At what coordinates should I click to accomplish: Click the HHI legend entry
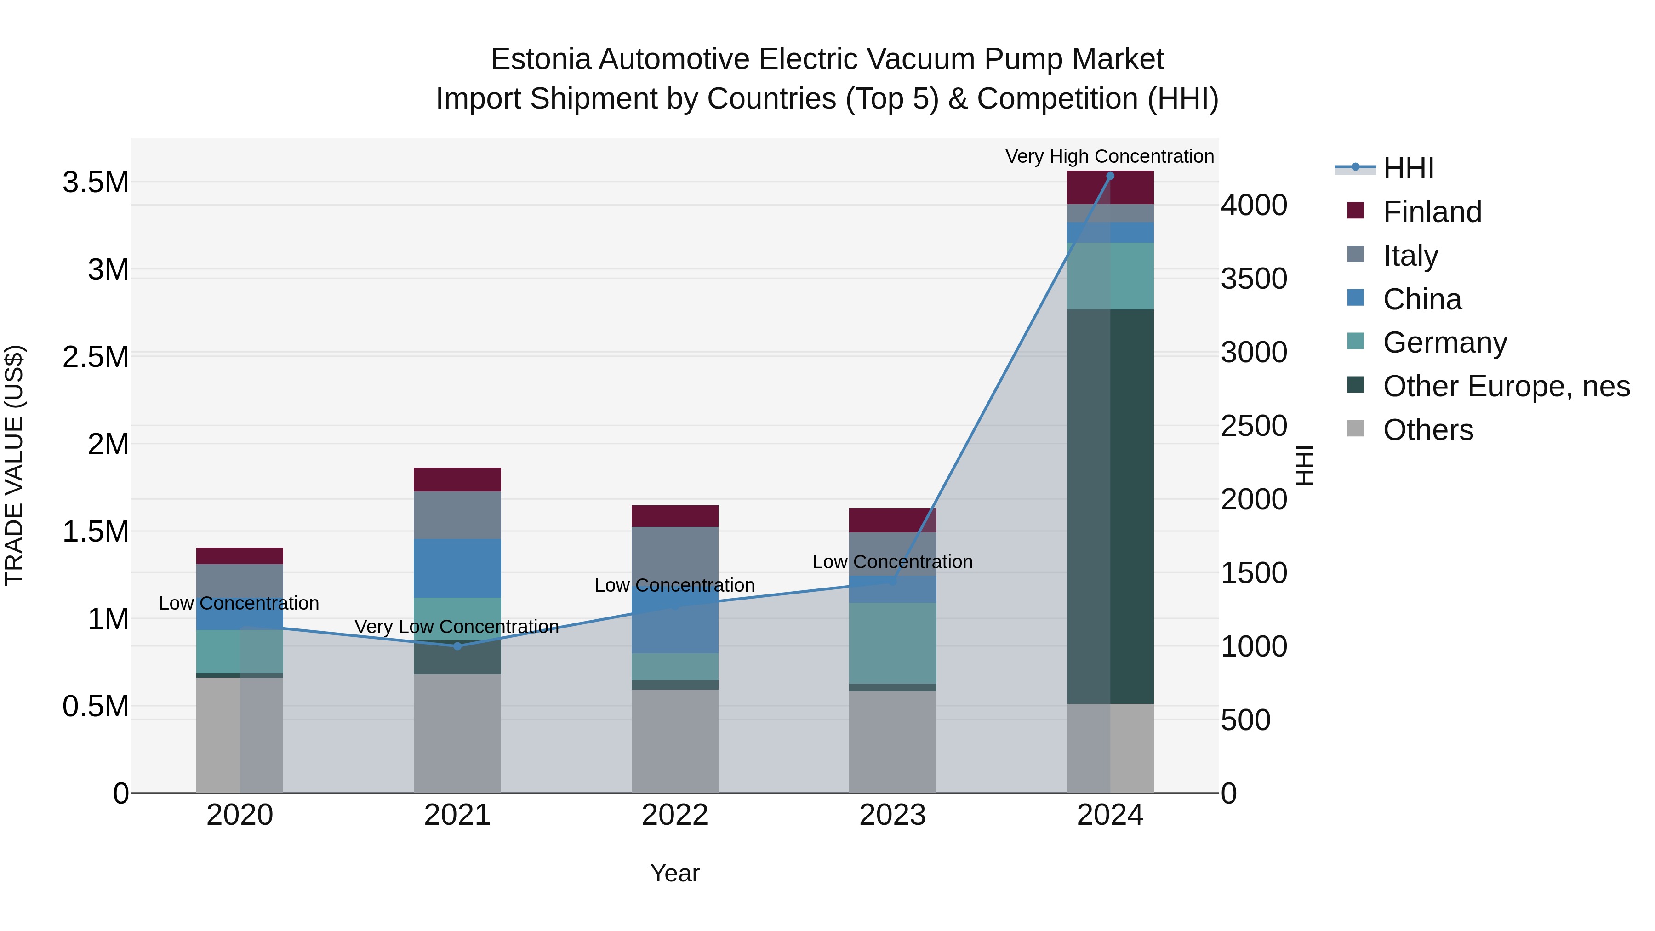pyautogui.click(x=1407, y=168)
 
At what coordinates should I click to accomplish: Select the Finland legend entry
pyautogui.click(x=1432, y=212)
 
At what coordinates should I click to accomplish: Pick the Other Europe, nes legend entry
pyautogui.click(x=1505, y=386)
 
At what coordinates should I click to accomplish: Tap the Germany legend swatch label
pyautogui.click(x=1444, y=343)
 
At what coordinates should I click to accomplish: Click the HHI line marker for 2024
pyautogui.click(x=1110, y=176)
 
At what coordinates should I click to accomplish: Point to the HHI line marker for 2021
pyautogui.click(x=457, y=646)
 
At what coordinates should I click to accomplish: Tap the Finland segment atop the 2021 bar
pyautogui.click(x=457, y=480)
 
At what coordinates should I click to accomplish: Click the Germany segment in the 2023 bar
pyautogui.click(x=892, y=643)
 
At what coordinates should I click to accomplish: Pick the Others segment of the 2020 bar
pyautogui.click(x=218, y=735)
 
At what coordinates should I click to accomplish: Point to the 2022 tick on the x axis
pyautogui.click(x=674, y=815)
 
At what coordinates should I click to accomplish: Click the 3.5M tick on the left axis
pyautogui.click(x=95, y=183)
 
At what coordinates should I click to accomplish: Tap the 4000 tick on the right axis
pyautogui.click(x=1254, y=206)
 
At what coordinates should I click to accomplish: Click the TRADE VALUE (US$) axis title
pyautogui.click(x=14, y=465)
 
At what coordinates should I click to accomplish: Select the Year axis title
pyautogui.click(x=674, y=873)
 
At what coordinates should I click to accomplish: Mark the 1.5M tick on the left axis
pyautogui.click(x=95, y=532)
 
